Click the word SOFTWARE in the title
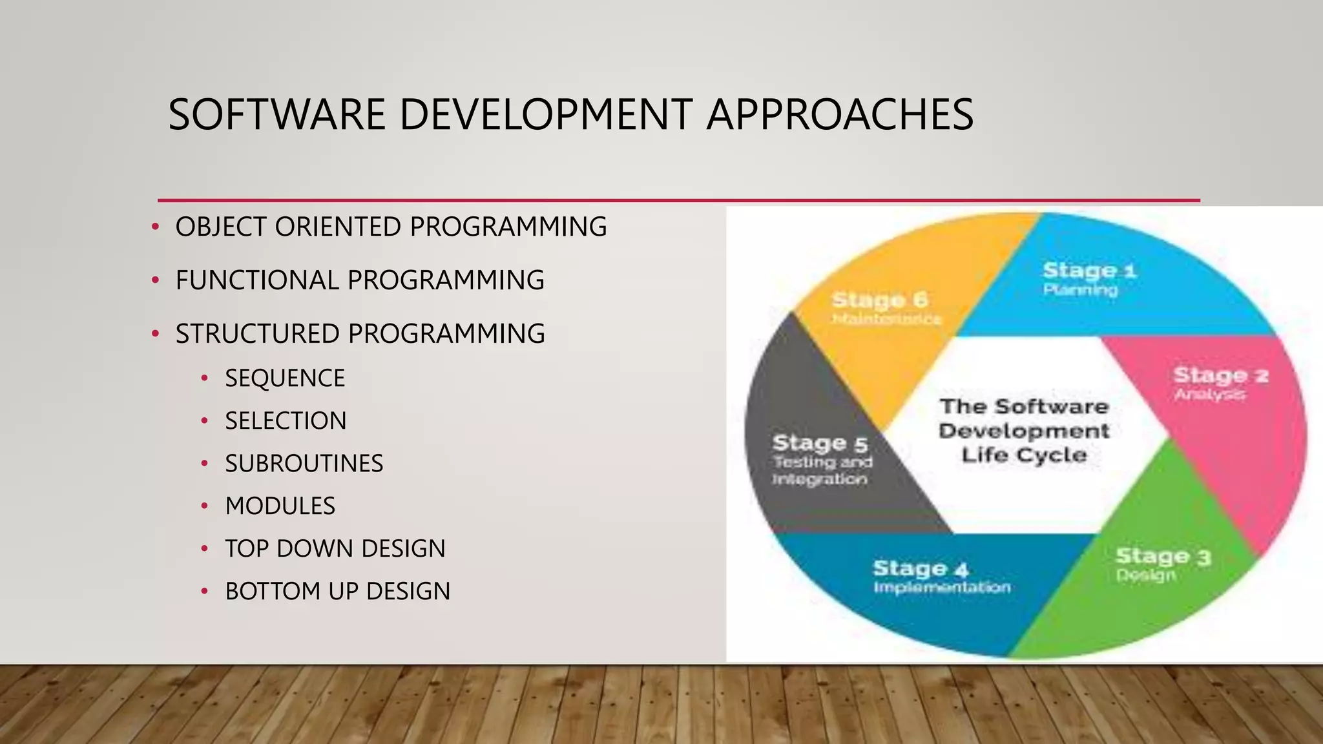click(x=276, y=115)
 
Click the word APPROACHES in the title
click(x=839, y=115)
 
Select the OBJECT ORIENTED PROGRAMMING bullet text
click(x=391, y=227)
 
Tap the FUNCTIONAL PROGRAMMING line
click(x=360, y=280)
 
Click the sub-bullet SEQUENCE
click(x=285, y=378)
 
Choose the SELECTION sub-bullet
click(x=286, y=421)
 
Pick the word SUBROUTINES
click(x=304, y=464)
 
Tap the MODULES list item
click(x=280, y=506)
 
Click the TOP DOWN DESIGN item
click(x=335, y=549)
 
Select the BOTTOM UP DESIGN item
click(x=337, y=592)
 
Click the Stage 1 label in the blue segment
click(x=1089, y=271)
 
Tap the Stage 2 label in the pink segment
click(x=1220, y=375)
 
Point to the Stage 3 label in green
click(x=1163, y=557)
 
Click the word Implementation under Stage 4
click(x=942, y=588)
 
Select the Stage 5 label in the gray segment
click(x=820, y=444)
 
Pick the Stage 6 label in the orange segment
click(x=880, y=300)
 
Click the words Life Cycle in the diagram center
click(x=1024, y=455)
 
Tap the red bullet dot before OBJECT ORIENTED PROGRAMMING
click(x=155, y=227)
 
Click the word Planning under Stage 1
click(x=1080, y=290)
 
